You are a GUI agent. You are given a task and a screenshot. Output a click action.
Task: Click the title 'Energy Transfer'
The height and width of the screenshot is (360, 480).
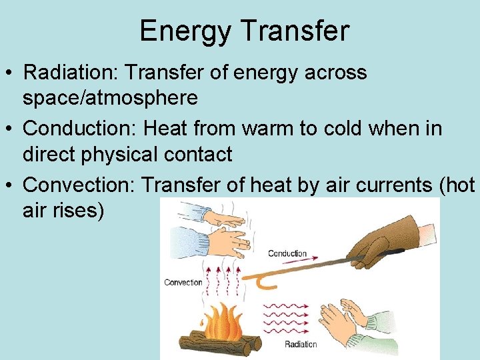[244, 31]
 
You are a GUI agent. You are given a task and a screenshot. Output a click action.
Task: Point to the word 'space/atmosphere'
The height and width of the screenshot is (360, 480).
[110, 99]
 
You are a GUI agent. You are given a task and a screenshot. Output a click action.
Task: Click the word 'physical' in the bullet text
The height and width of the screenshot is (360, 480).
[127, 155]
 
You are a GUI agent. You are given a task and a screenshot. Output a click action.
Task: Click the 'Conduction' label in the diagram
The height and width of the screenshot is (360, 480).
[287, 253]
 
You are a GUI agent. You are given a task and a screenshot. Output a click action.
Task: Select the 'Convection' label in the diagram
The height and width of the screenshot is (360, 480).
[183, 283]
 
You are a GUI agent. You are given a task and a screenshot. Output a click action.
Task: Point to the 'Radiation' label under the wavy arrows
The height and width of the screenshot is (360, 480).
[301, 345]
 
